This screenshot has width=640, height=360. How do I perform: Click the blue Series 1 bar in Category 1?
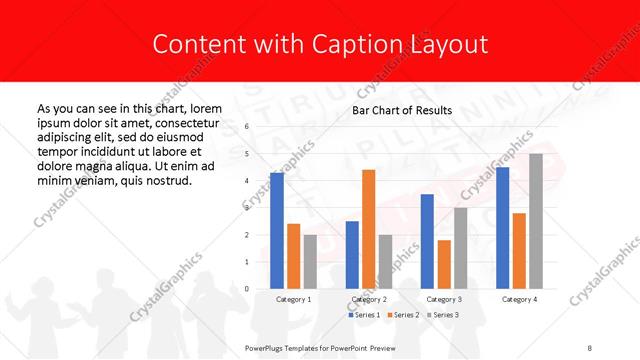[x=277, y=231]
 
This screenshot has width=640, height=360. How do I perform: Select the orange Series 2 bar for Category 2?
[x=368, y=229]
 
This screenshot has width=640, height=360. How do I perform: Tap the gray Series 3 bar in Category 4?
[x=536, y=221]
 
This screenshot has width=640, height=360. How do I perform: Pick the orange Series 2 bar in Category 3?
[x=444, y=264]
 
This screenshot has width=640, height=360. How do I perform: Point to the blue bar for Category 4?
[x=503, y=228]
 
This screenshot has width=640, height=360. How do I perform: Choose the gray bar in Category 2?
[x=384, y=262]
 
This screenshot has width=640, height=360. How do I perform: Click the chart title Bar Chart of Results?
[x=402, y=110]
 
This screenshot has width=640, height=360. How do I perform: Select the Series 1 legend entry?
[x=363, y=315]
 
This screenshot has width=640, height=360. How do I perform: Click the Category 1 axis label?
[x=293, y=299]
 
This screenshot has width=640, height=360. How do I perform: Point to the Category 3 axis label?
[x=444, y=299]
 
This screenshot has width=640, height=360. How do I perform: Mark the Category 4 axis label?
[x=519, y=299]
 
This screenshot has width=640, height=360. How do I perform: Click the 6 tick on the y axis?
[x=246, y=127]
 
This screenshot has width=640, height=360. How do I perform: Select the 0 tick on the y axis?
[x=246, y=289]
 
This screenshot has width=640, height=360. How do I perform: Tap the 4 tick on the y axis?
[x=246, y=181]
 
